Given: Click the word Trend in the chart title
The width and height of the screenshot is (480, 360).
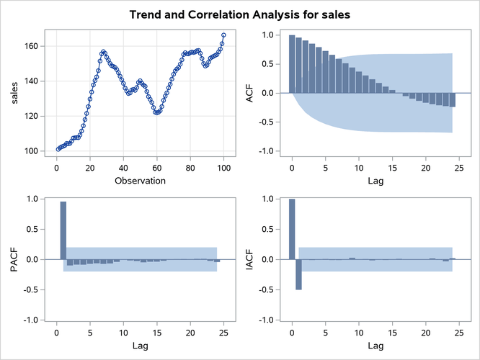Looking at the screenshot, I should [x=146, y=14].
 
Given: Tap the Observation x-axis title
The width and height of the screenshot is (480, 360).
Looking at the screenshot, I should [x=140, y=180].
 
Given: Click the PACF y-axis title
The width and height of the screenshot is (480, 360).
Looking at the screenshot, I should [x=15, y=259].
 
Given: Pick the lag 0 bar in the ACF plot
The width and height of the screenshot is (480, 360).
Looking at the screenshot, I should [x=292, y=64].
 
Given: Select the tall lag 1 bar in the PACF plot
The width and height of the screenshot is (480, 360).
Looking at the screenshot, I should [x=63, y=230].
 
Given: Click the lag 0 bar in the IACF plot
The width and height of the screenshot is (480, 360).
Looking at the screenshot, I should [x=292, y=229].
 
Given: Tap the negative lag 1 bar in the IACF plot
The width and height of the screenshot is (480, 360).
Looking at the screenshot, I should [x=298, y=274].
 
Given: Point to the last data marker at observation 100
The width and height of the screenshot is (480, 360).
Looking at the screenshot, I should [x=223, y=35].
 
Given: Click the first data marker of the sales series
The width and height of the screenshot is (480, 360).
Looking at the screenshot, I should [x=58, y=149].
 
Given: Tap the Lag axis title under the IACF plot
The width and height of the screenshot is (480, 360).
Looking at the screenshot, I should [x=375, y=347].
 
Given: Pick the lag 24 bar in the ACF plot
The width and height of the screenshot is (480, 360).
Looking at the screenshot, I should [x=453, y=100].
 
